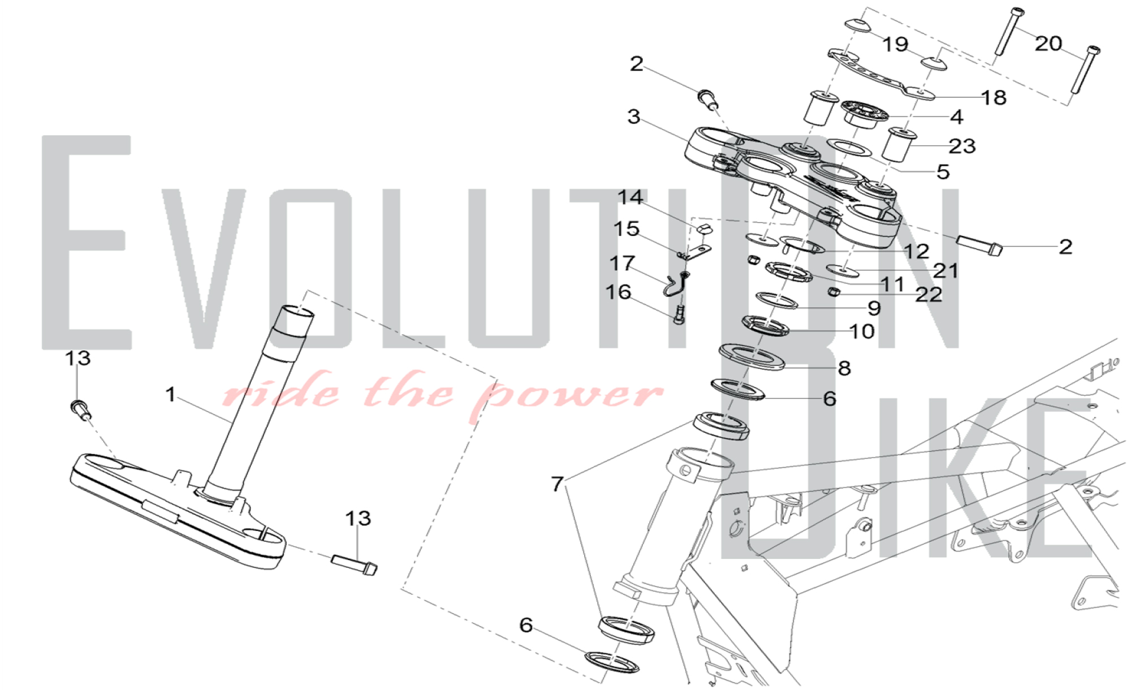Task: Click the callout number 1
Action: tap(170, 394)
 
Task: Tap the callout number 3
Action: tap(634, 117)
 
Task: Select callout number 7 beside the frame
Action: tap(558, 484)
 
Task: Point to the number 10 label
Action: tap(862, 331)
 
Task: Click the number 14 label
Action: tap(630, 197)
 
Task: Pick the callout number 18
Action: tap(994, 97)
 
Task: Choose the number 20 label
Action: tap(1048, 43)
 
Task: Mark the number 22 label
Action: tap(929, 294)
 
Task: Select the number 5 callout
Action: tap(943, 171)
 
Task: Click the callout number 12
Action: tap(916, 251)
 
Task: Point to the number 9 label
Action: tap(874, 308)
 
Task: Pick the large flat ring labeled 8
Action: tap(752, 356)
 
